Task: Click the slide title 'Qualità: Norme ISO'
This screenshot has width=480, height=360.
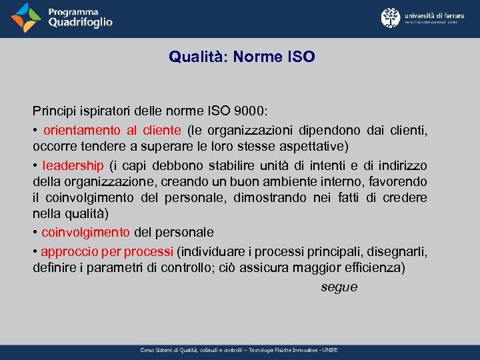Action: pyautogui.click(x=241, y=57)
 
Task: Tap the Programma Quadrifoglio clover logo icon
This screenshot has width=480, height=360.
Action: pyautogui.click(x=26, y=18)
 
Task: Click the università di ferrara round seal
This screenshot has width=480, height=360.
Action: pyautogui.click(x=391, y=18)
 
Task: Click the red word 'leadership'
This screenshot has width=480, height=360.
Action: pyautogui.click(x=73, y=165)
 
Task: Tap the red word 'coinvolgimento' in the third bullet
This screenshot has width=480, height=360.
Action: pyautogui.click(x=86, y=232)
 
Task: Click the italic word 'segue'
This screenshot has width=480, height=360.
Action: pyautogui.click(x=339, y=287)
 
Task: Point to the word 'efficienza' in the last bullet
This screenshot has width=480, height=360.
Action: pyautogui.click(x=373, y=269)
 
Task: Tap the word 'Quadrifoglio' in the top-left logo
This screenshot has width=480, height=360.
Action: pyautogui.click(x=80, y=22)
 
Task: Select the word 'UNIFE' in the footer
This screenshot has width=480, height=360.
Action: pyautogui.click(x=329, y=350)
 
